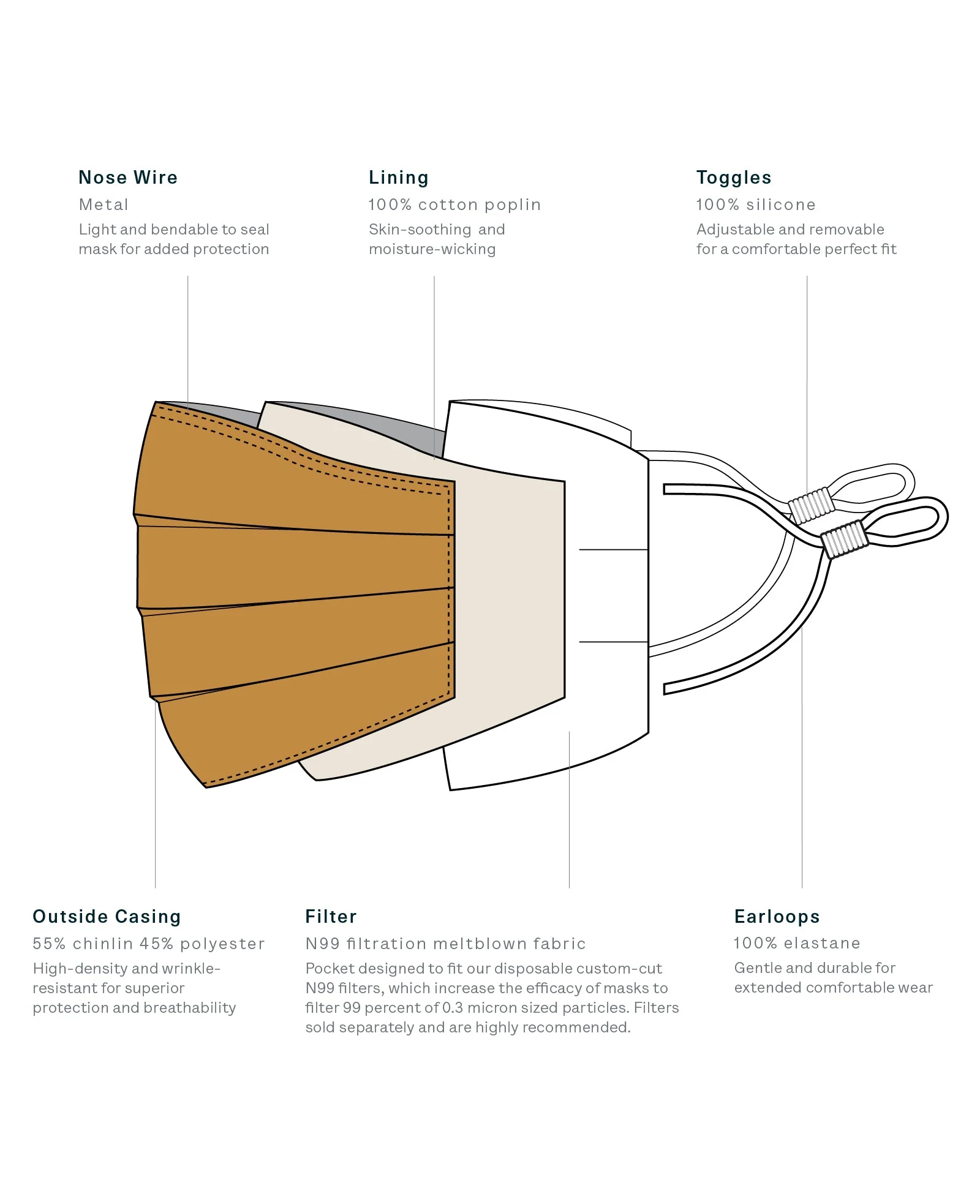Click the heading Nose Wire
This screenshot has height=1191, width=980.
(128, 178)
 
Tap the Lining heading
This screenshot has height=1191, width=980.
(399, 178)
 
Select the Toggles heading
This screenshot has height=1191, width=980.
(734, 178)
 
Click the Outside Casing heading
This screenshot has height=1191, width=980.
(107, 917)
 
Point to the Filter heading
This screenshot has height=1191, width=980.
(331, 917)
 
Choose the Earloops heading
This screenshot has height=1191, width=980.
(777, 917)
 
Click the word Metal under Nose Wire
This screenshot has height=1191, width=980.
(104, 205)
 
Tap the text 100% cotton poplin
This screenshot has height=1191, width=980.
(454, 205)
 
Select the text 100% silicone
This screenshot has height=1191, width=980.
(756, 205)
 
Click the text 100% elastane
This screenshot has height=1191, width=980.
(797, 943)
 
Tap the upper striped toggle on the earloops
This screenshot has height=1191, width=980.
(811, 505)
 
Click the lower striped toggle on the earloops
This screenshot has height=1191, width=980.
(844, 539)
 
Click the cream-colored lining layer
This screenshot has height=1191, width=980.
(508, 588)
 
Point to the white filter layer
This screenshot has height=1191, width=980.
(606, 594)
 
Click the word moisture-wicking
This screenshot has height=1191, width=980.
(432, 250)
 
